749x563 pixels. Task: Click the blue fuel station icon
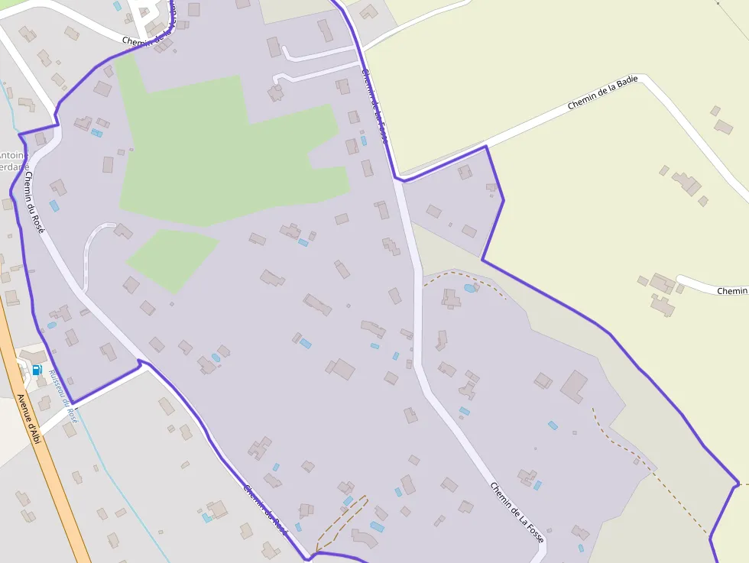[37, 370]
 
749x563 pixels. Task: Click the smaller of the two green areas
[172, 258]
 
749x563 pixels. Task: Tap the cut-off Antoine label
[14, 156]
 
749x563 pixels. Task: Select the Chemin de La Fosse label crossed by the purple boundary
[374, 107]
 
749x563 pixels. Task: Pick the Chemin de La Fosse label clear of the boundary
[517, 513]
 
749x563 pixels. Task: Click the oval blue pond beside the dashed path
[469, 288]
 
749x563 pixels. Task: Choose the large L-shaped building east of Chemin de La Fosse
[574, 386]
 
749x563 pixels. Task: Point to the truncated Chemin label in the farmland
[731, 291]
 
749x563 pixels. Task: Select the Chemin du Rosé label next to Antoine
[34, 202]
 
